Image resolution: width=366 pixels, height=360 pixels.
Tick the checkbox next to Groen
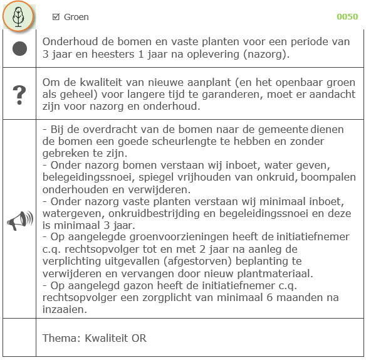56,17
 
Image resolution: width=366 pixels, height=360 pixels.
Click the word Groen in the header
76,17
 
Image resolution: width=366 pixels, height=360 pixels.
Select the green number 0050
347,17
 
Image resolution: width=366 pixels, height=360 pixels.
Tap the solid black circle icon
19,49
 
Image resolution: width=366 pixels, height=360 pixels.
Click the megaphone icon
19,221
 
